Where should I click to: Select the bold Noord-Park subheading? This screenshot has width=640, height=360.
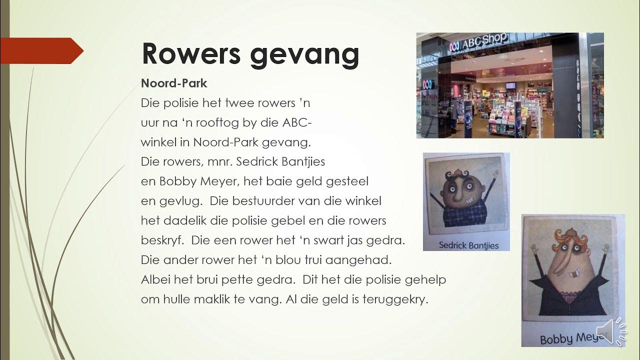click(173, 83)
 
